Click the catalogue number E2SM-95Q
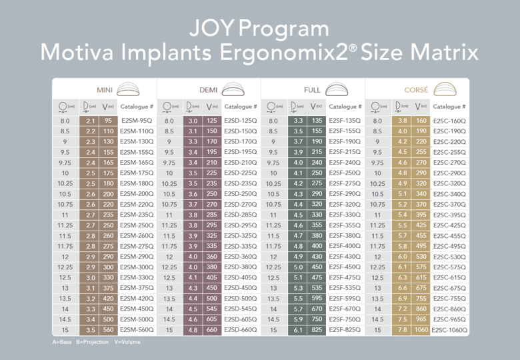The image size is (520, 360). (137, 121)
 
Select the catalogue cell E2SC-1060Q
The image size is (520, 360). (449, 330)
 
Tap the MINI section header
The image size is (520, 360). (105, 89)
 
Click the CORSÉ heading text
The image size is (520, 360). (417, 89)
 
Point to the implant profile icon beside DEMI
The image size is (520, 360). (232, 89)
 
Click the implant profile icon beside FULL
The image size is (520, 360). (337, 89)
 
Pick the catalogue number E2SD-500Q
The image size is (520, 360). (241, 299)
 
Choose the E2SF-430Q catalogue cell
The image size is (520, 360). (345, 257)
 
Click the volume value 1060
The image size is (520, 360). (421, 330)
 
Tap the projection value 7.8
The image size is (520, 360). (402, 330)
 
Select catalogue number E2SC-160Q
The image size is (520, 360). (449, 121)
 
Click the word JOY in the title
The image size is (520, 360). (211, 29)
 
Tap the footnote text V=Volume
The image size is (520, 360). (126, 342)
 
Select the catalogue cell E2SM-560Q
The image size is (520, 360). (137, 330)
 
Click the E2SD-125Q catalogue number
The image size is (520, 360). (241, 121)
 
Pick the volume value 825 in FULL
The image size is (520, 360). (317, 330)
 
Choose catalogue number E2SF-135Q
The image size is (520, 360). (345, 121)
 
